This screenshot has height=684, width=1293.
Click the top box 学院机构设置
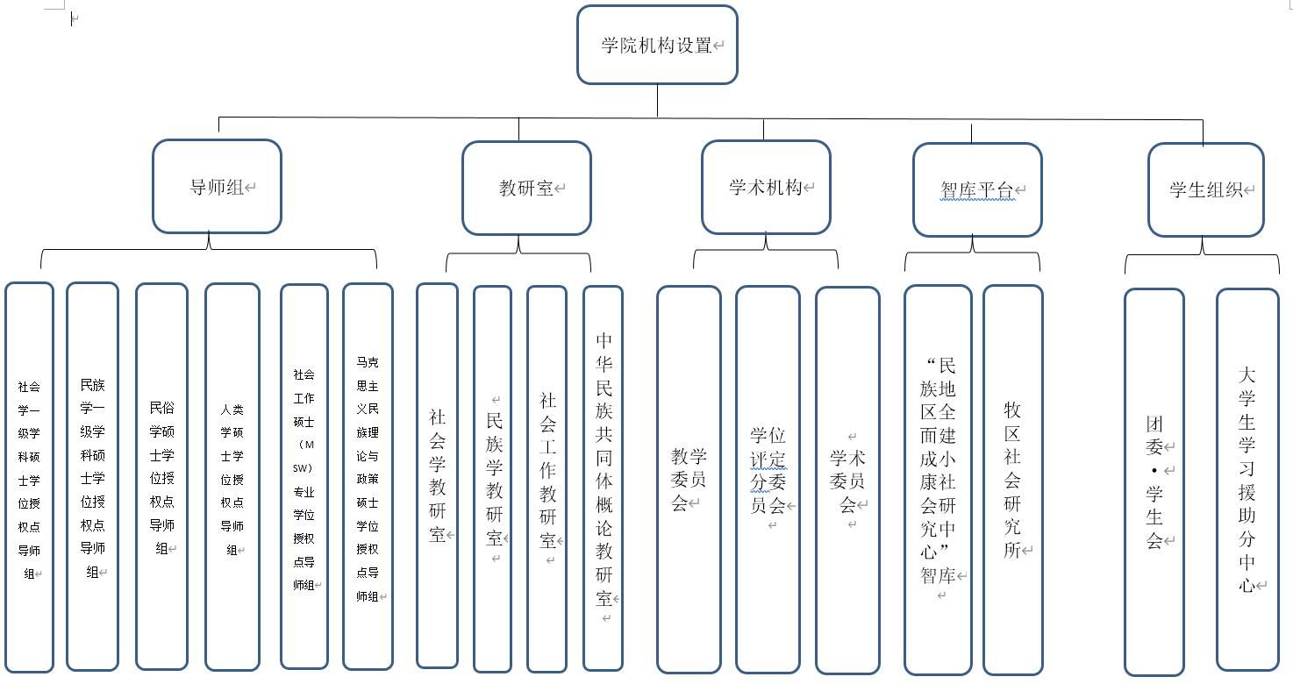coord(657,45)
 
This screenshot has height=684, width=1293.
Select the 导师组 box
coord(217,187)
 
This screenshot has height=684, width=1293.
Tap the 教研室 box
coord(526,188)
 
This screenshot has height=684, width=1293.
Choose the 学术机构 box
coord(766,187)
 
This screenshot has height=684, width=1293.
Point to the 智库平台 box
coord(977,189)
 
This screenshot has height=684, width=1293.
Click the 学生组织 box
coord(1205,189)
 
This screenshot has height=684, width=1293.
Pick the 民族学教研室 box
coord(492,478)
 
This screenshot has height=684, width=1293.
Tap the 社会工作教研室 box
coord(546,478)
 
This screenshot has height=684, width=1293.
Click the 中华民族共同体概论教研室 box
coord(603,478)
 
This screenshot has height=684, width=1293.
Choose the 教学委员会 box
coord(689,479)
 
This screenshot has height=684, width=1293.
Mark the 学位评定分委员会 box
coord(768,479)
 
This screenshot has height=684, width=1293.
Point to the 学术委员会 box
coord(847,480)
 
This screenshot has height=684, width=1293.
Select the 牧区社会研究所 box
coord(1012,480)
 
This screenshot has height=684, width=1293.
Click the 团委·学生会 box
coord(1154,481)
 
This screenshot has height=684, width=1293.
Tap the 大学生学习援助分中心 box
coord(1247,480)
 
